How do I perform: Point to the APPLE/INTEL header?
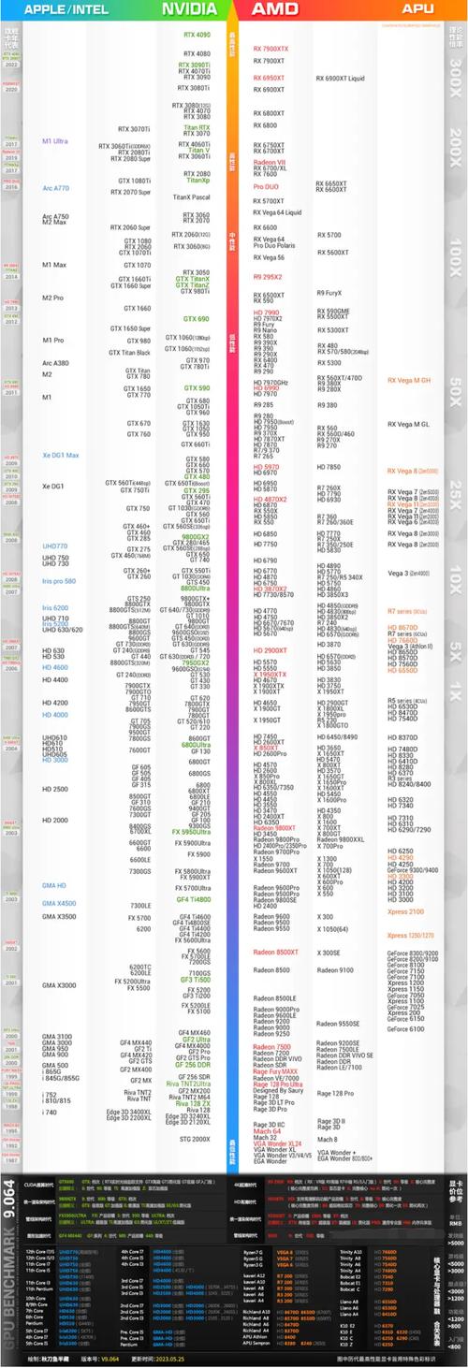pyautogui.click(x=63, y=8)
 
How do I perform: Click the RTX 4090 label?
pyautogui.click(x=197, y=35)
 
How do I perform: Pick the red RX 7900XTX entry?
pyautogui.click(x=271, y=49)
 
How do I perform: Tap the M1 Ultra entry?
pyautogui.click(x=55, y=141)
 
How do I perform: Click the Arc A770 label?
pyautogui.click(x=56, y=188)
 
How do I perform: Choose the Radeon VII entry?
pyautogui.click(x=270, y=162)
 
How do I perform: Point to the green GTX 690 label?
pyautogui.click(x=197, y=319)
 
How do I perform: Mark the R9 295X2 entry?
pyautogui.click(x=268, y=277)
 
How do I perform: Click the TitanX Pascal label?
pyautogui.click(x=192, y=197)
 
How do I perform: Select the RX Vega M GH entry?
pyautogui.click(x=409, y=381)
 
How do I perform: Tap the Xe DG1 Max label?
pyautogui.click(x=60, y=455)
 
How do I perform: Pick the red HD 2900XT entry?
pyautogui.click(x=270, y=650)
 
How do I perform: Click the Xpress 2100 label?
pyautogui.click(x=404, y=911)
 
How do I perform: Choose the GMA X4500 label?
pyautogui.click(x=59, y=903)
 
